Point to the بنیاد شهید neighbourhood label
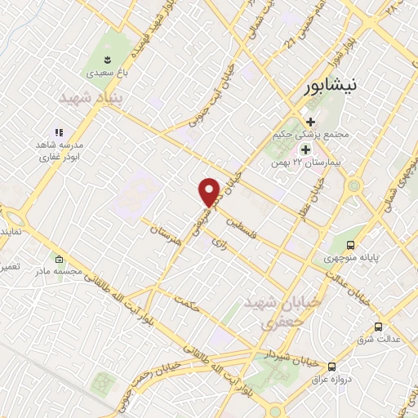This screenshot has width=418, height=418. (x=89, y=97)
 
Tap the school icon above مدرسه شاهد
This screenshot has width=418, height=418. (x=58, y=131)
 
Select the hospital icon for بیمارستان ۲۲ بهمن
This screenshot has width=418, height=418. (x=305, y=149)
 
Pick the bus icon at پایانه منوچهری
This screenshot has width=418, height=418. (x=351, y=245)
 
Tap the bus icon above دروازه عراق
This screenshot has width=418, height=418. (x=331, y=367)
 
